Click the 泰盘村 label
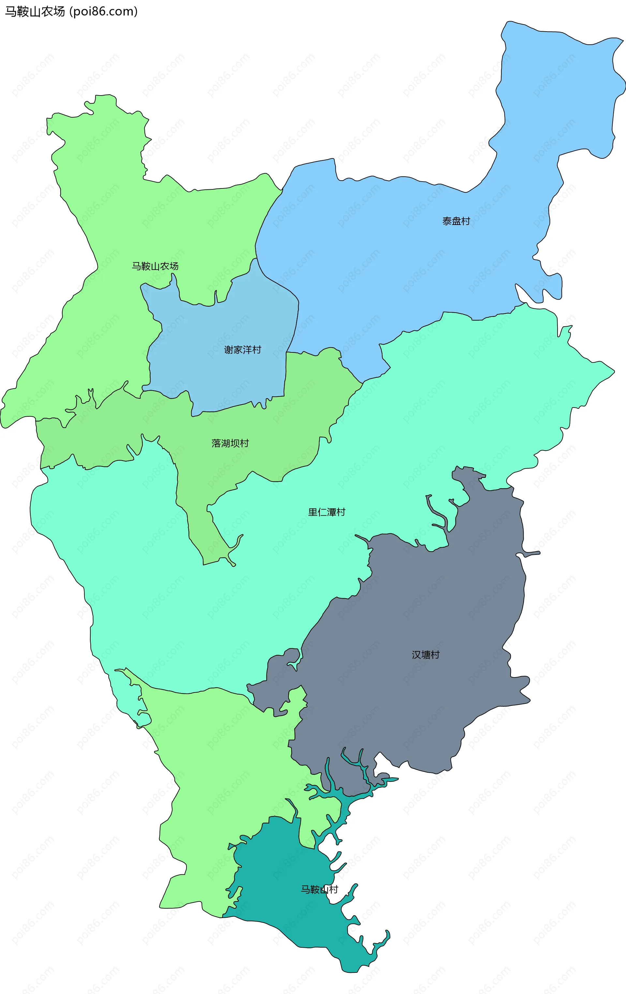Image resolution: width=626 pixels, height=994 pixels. coord(456,221)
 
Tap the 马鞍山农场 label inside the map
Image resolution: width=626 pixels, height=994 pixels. coord(155,266)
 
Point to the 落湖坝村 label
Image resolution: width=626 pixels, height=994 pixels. coord(230,443)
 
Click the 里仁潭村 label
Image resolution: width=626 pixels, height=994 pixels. coord(326,512)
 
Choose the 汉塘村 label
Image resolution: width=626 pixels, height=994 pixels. coord(425,655)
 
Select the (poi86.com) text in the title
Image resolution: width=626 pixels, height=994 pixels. coord(103,11)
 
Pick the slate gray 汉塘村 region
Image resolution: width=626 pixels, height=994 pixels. coord(434,599)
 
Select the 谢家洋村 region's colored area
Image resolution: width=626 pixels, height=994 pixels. coord(231,322)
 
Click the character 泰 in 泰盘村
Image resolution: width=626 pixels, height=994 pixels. coord(447,221)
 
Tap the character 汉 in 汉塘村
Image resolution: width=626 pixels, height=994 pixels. coord(416,655)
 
